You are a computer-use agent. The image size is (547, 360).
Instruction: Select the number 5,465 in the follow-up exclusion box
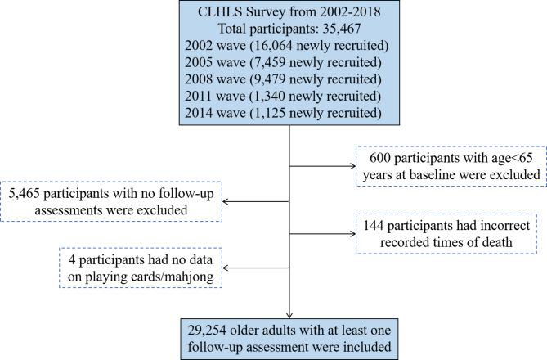[25, 195]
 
